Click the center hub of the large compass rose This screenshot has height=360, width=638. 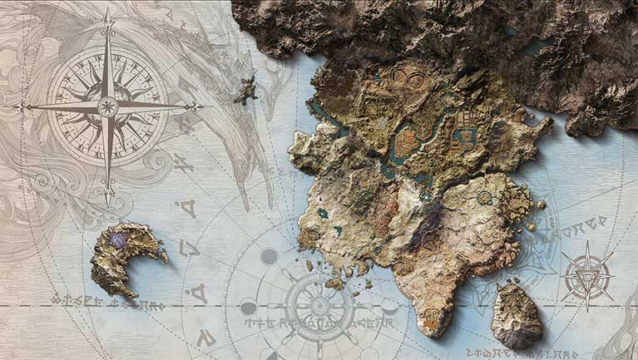pos(107,106)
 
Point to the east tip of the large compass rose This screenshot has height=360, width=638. pos(201,106)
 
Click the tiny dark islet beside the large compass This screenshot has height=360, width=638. pos(245,91)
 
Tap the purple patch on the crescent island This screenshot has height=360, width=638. pos(120,241)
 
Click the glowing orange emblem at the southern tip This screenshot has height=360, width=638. pos(433,317)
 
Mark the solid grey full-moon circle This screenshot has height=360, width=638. pos(269,257)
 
